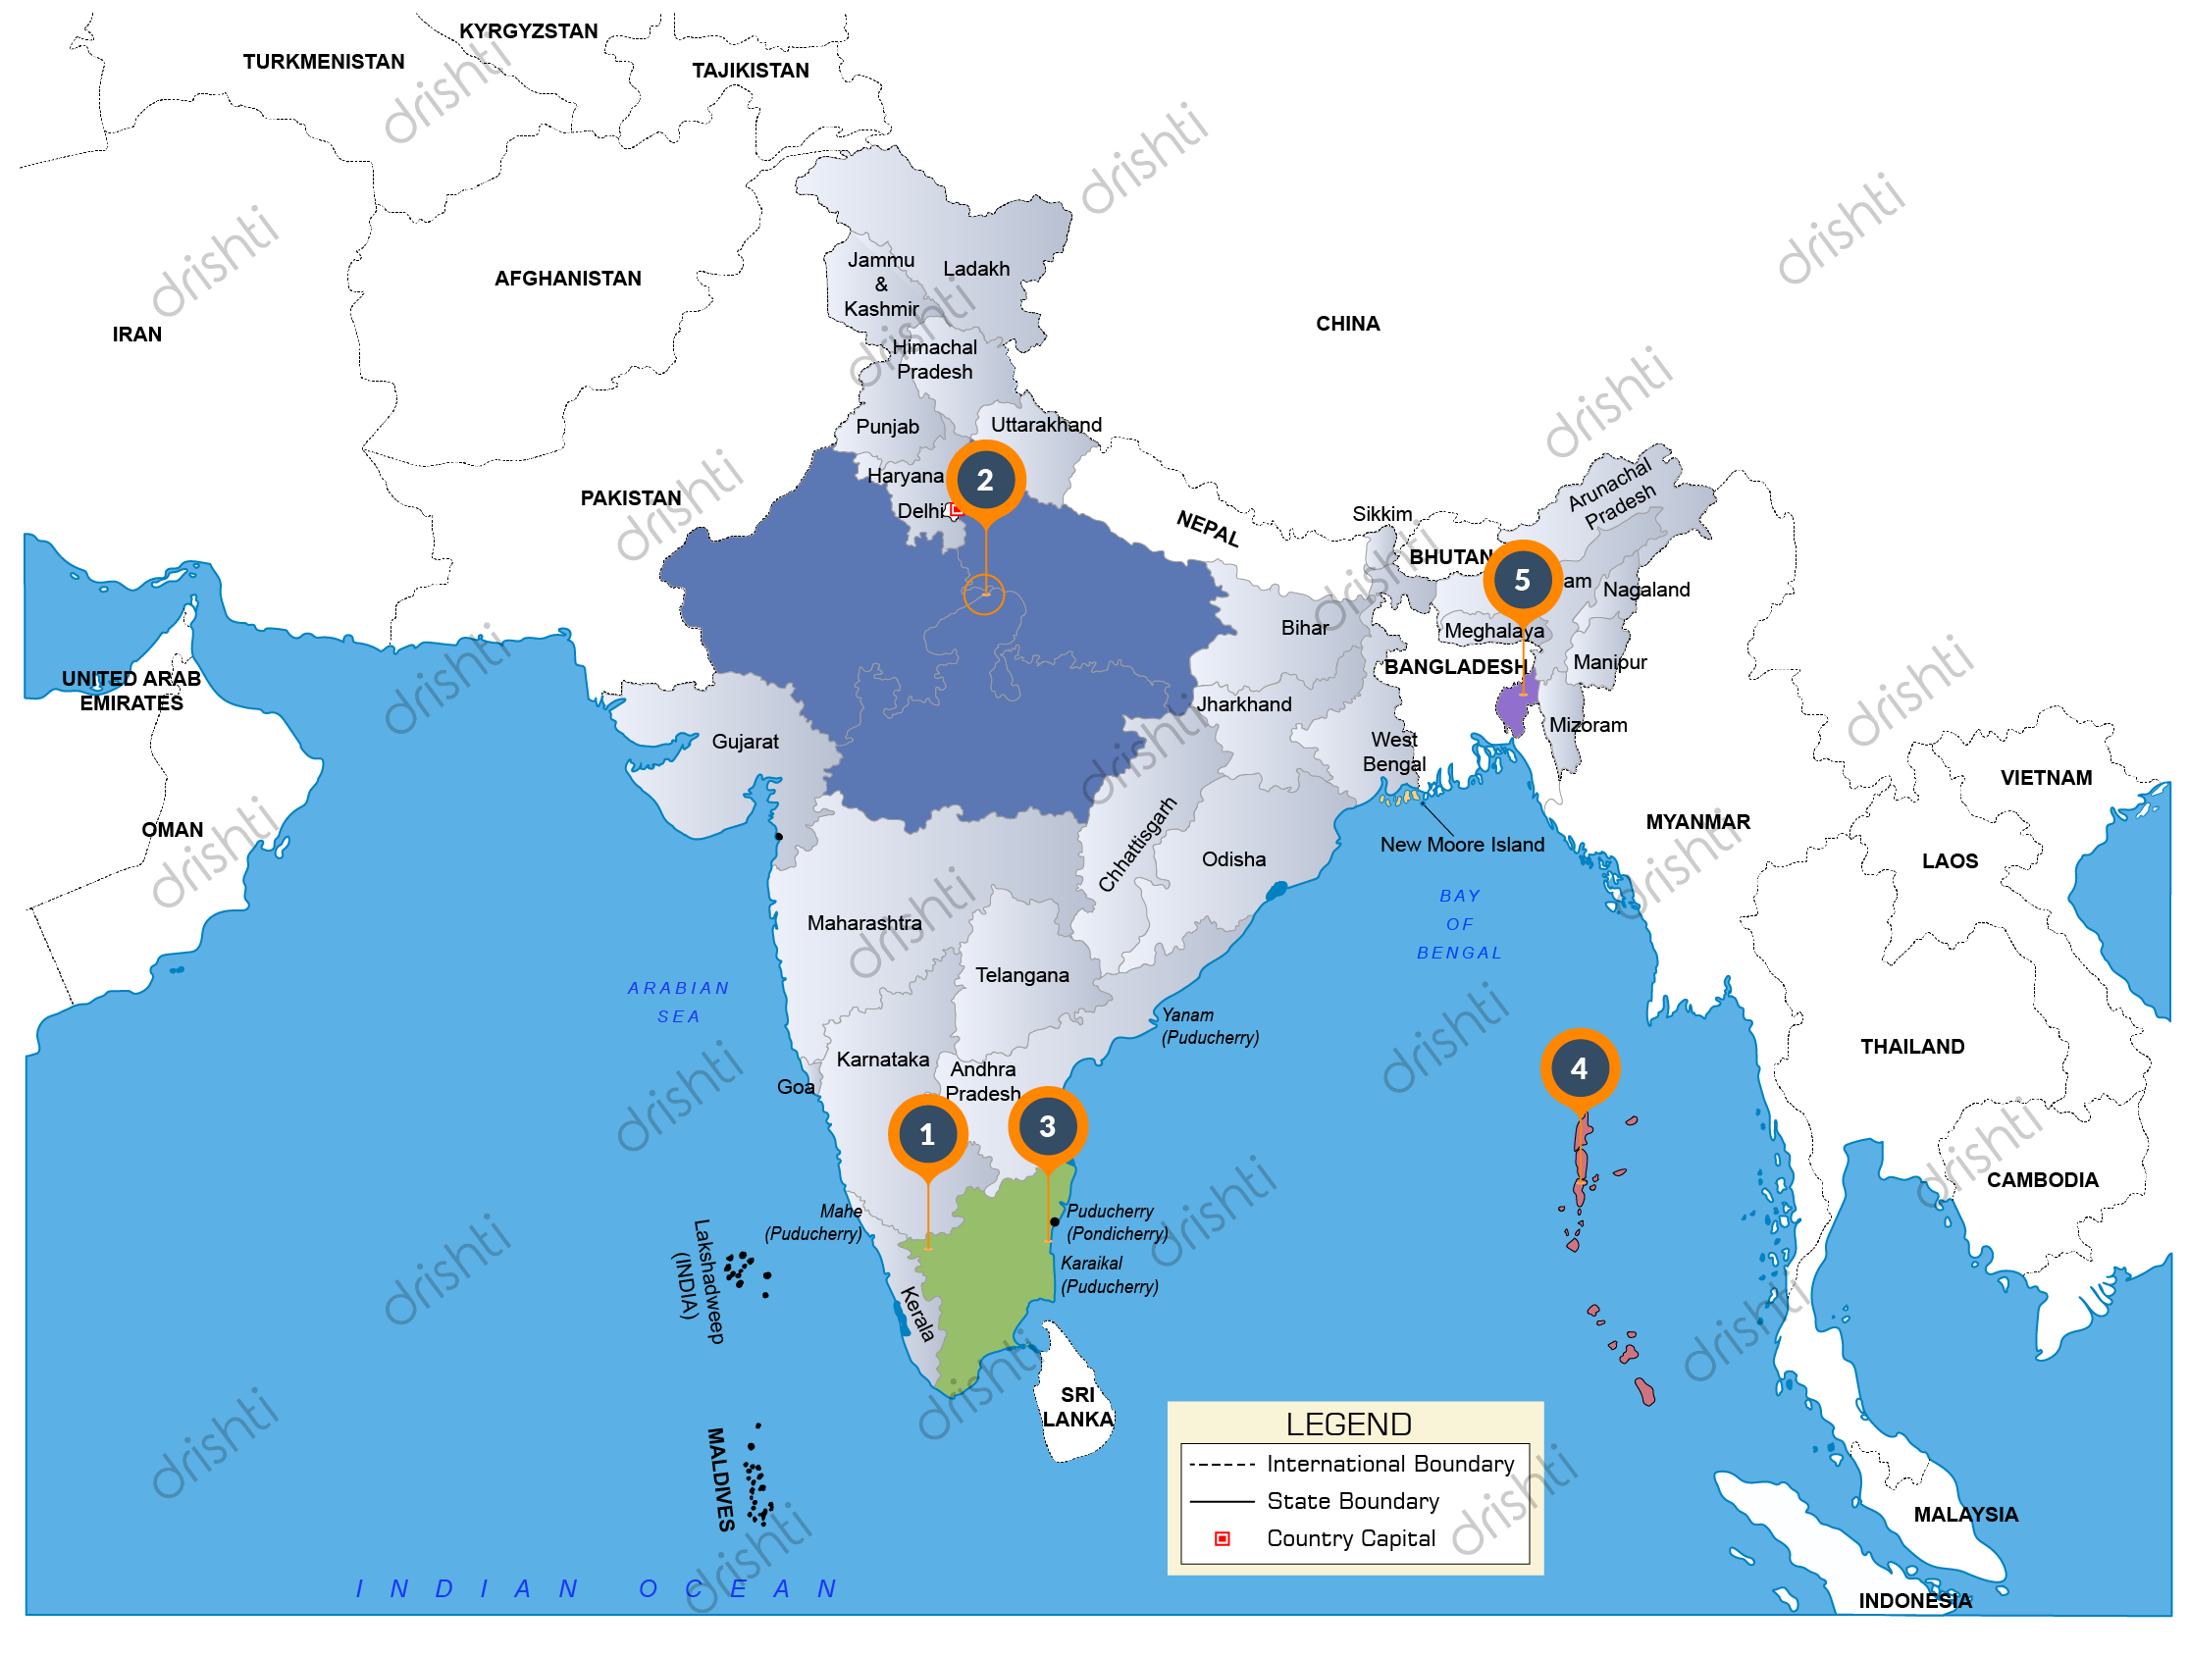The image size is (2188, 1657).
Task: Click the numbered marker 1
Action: click(x=927, y=1134)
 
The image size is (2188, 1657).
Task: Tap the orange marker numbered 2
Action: click(x=985, y=480)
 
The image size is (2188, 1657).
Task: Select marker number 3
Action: click(x=1048, y=1126)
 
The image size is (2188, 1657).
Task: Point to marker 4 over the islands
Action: click(x=1579, y=1068)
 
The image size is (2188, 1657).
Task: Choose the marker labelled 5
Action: click(x=1523, y=580)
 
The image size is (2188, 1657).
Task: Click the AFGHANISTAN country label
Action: click(x=568, y=279)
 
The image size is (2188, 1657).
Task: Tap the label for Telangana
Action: click(x=1021, y=975)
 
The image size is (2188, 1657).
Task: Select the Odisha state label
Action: click(x=1233, y=859)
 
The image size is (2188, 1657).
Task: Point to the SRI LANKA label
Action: click(x=1077, y=1407)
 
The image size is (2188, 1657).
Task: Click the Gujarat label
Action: click(x=745, y=742)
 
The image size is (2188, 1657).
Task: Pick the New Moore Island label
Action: click(x=1462, y=845)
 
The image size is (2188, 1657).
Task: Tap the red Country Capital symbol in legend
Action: click(x=1223, y=1539)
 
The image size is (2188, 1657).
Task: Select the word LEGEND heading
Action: click(x=1348, y=1424)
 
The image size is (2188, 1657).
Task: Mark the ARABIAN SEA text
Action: click(x=679, y=1002)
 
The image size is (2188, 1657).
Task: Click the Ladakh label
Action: click(x=976, y=269)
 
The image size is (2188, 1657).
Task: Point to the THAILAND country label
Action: click(x=1912, y=1047)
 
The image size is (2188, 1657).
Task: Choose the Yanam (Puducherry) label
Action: click(x=1209, y=1026)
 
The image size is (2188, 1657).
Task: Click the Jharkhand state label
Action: click(x=1244, y=704)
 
